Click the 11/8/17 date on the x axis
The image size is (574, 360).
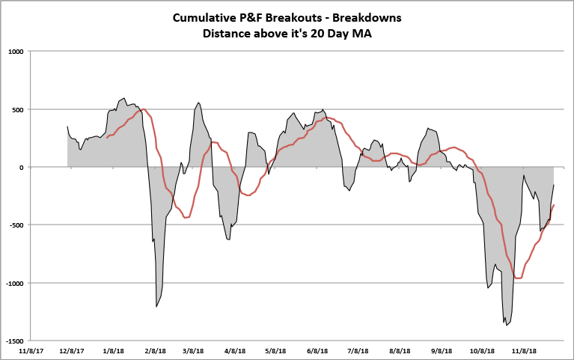(31, 350)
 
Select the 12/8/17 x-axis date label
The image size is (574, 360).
(72, 350)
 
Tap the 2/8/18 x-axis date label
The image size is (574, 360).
(156, 350)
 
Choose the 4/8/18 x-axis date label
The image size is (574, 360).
(235, 350)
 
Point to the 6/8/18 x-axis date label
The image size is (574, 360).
(317, 350)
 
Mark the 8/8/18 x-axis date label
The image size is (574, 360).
(400, 350)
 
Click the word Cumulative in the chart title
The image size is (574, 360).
(204, 17)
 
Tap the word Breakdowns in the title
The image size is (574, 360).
(367, 17)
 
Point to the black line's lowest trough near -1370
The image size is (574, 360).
(507, 325)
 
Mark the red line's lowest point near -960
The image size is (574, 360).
(518, 278)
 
